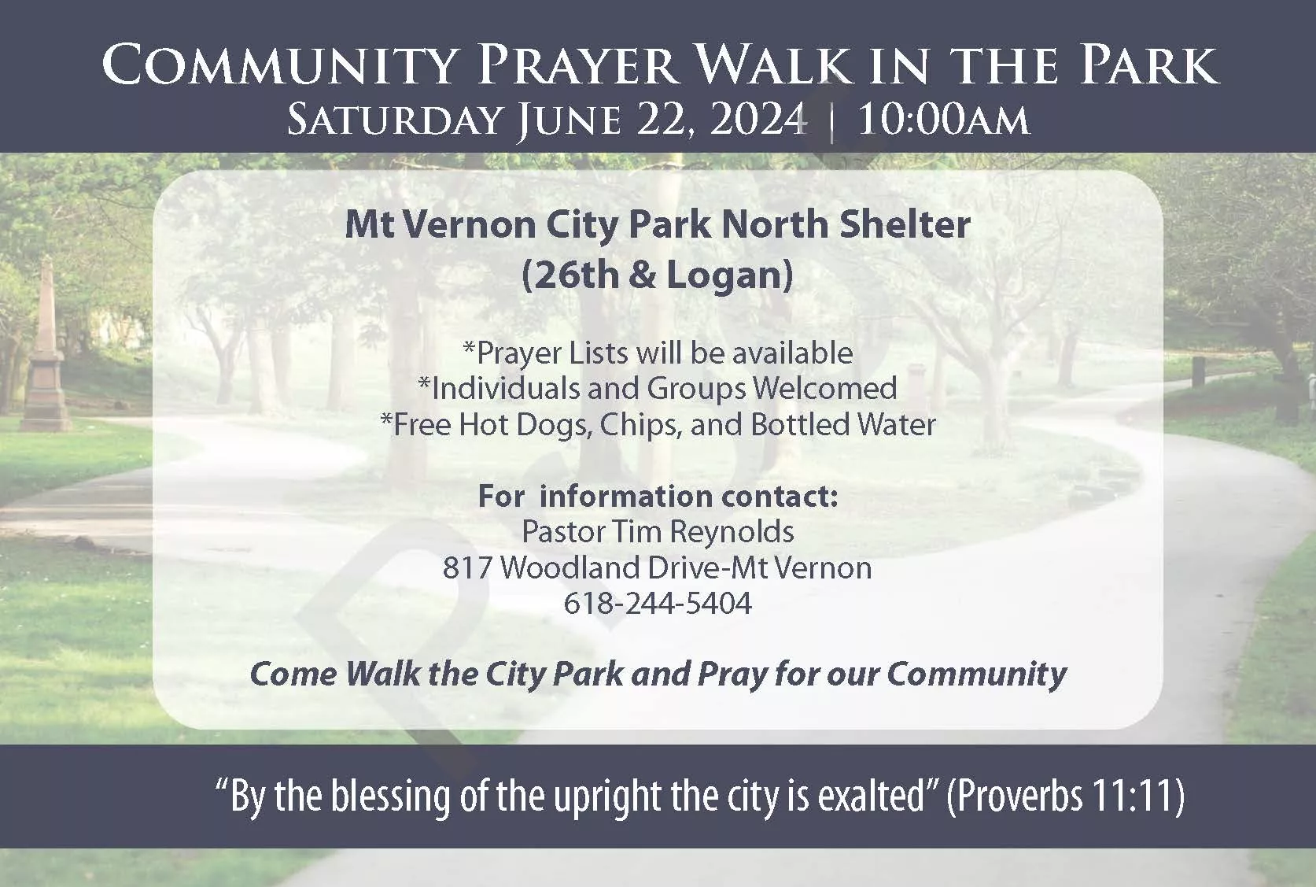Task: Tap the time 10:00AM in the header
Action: pyautogui.click(x=943, y=120)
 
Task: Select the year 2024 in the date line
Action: pyautogui.click(x=757, y=120)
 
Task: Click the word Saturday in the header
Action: pyautogui.click(x=394, y=120)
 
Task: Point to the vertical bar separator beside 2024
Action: pyautogui.click(x=831, y=122)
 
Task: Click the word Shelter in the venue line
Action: pyautogui.click(x=905, y=224)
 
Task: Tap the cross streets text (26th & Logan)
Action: pyautogui.click(x=658, y=275)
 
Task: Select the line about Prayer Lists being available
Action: pyautogui.click(x=658, y=354)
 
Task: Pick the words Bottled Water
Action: pyautogui.click(x=844, y=424)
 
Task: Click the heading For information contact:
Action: pyautogui.click(x=658, y=496)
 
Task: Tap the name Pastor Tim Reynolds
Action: pyautogui.click(x=658, y=532)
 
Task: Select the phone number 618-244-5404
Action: pyautogui.click(x=658, y=603)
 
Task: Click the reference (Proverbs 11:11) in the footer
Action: pyautogui.click(x=1065, y=796)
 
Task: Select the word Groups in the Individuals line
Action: pyautogui.click(x=697, y=389)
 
